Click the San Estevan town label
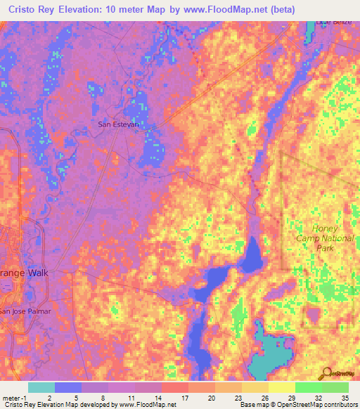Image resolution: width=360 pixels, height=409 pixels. [x=118, y=124]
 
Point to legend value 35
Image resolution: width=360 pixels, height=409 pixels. [x=345, y=397]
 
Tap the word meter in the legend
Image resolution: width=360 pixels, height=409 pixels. [x=11, y=397]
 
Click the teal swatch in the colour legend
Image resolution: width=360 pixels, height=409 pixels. [x=41, y=387]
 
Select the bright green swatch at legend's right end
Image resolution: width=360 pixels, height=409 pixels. [x=335, y=387]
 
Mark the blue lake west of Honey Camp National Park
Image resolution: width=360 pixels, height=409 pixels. [x=251, y=257]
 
